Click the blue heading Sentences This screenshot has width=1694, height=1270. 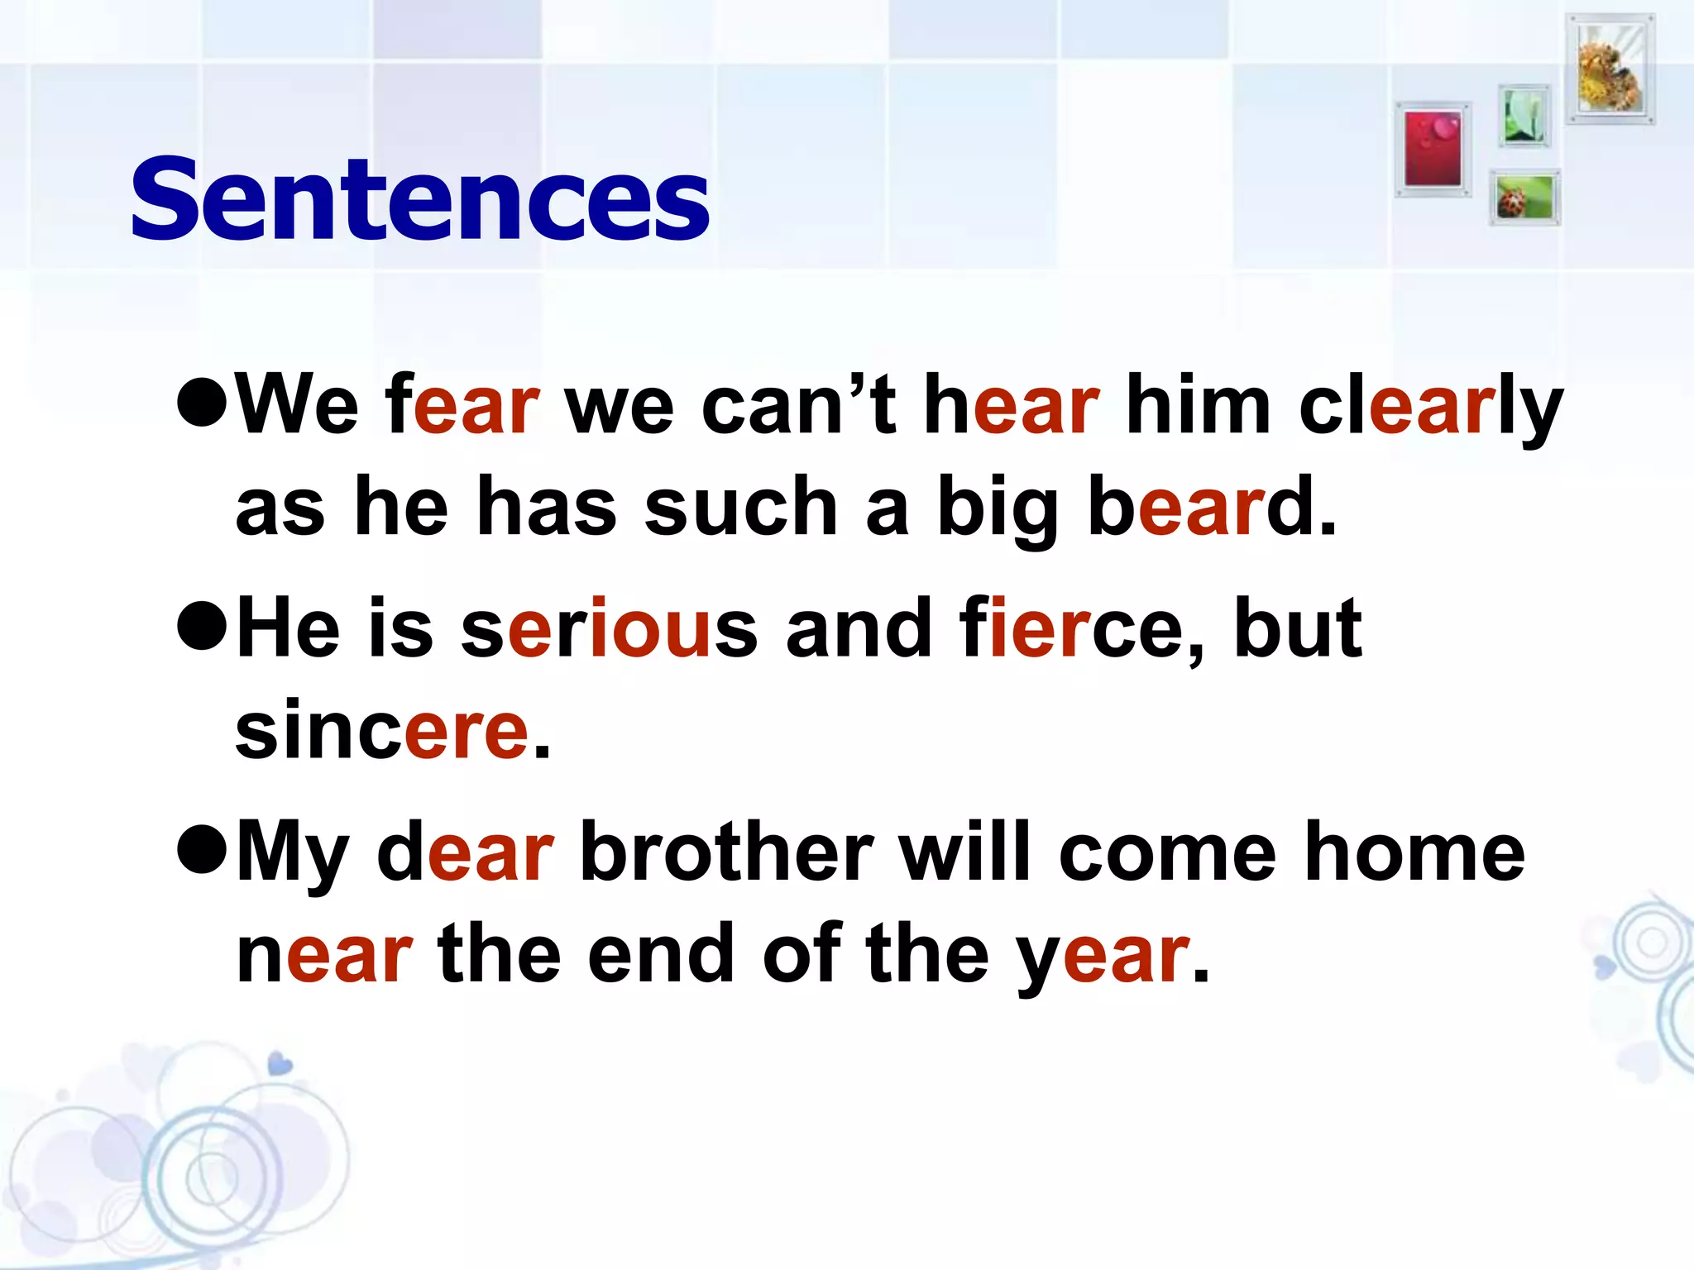(x=419, y=200)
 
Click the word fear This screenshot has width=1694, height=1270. (x=462, y=405)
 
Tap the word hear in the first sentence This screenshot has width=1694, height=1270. (x=1012, y=405)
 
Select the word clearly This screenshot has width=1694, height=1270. (x=1430, y=408)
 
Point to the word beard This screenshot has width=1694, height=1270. (x=1211, y=506)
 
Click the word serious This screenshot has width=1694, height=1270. (x=609, y=629)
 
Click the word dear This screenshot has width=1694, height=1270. (x=465, y=852)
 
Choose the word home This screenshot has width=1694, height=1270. (x=1414, y=852)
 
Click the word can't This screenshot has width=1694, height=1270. (x=797, y=405)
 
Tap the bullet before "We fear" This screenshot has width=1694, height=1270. (x=202, y=404)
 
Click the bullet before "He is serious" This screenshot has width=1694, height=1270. (x=202, y=628)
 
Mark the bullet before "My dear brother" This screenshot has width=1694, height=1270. (x=202, y=852)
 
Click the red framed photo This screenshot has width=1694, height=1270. (x=1433, y=150)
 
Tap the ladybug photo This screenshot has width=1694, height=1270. (x=1524, y=198)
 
